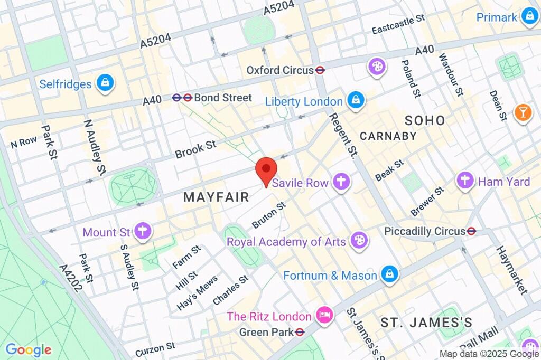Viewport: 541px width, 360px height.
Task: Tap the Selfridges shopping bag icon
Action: (x=106, y=83)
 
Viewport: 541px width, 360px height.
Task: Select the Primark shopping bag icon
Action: (x=528, y=17)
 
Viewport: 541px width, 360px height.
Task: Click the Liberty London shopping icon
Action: (x=356, y=100)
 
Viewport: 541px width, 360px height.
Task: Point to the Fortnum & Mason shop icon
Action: (x=389, y=274)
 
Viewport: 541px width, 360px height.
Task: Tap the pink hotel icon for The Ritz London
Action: (x=322, y=316)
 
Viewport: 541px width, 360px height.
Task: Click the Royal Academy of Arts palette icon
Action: (x=359, y=241)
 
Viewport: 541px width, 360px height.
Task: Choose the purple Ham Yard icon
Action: (x=465, y=181)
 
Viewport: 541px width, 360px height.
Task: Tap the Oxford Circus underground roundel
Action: (x=320, y=70)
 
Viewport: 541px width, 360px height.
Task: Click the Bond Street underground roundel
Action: (x=182, y=97)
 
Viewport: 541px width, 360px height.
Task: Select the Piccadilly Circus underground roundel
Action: (x=472, y=231)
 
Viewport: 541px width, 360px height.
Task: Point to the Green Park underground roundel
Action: (x=300, y=332)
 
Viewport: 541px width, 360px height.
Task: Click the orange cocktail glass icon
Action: (x=523, y=112)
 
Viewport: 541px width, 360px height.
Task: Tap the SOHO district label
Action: (x=425, y=120)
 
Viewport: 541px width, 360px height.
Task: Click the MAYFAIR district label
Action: (x=216, y=197)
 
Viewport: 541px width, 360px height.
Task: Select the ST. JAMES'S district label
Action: (x=426, y=322)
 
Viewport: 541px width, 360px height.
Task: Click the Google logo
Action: (x=28, y=349)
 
